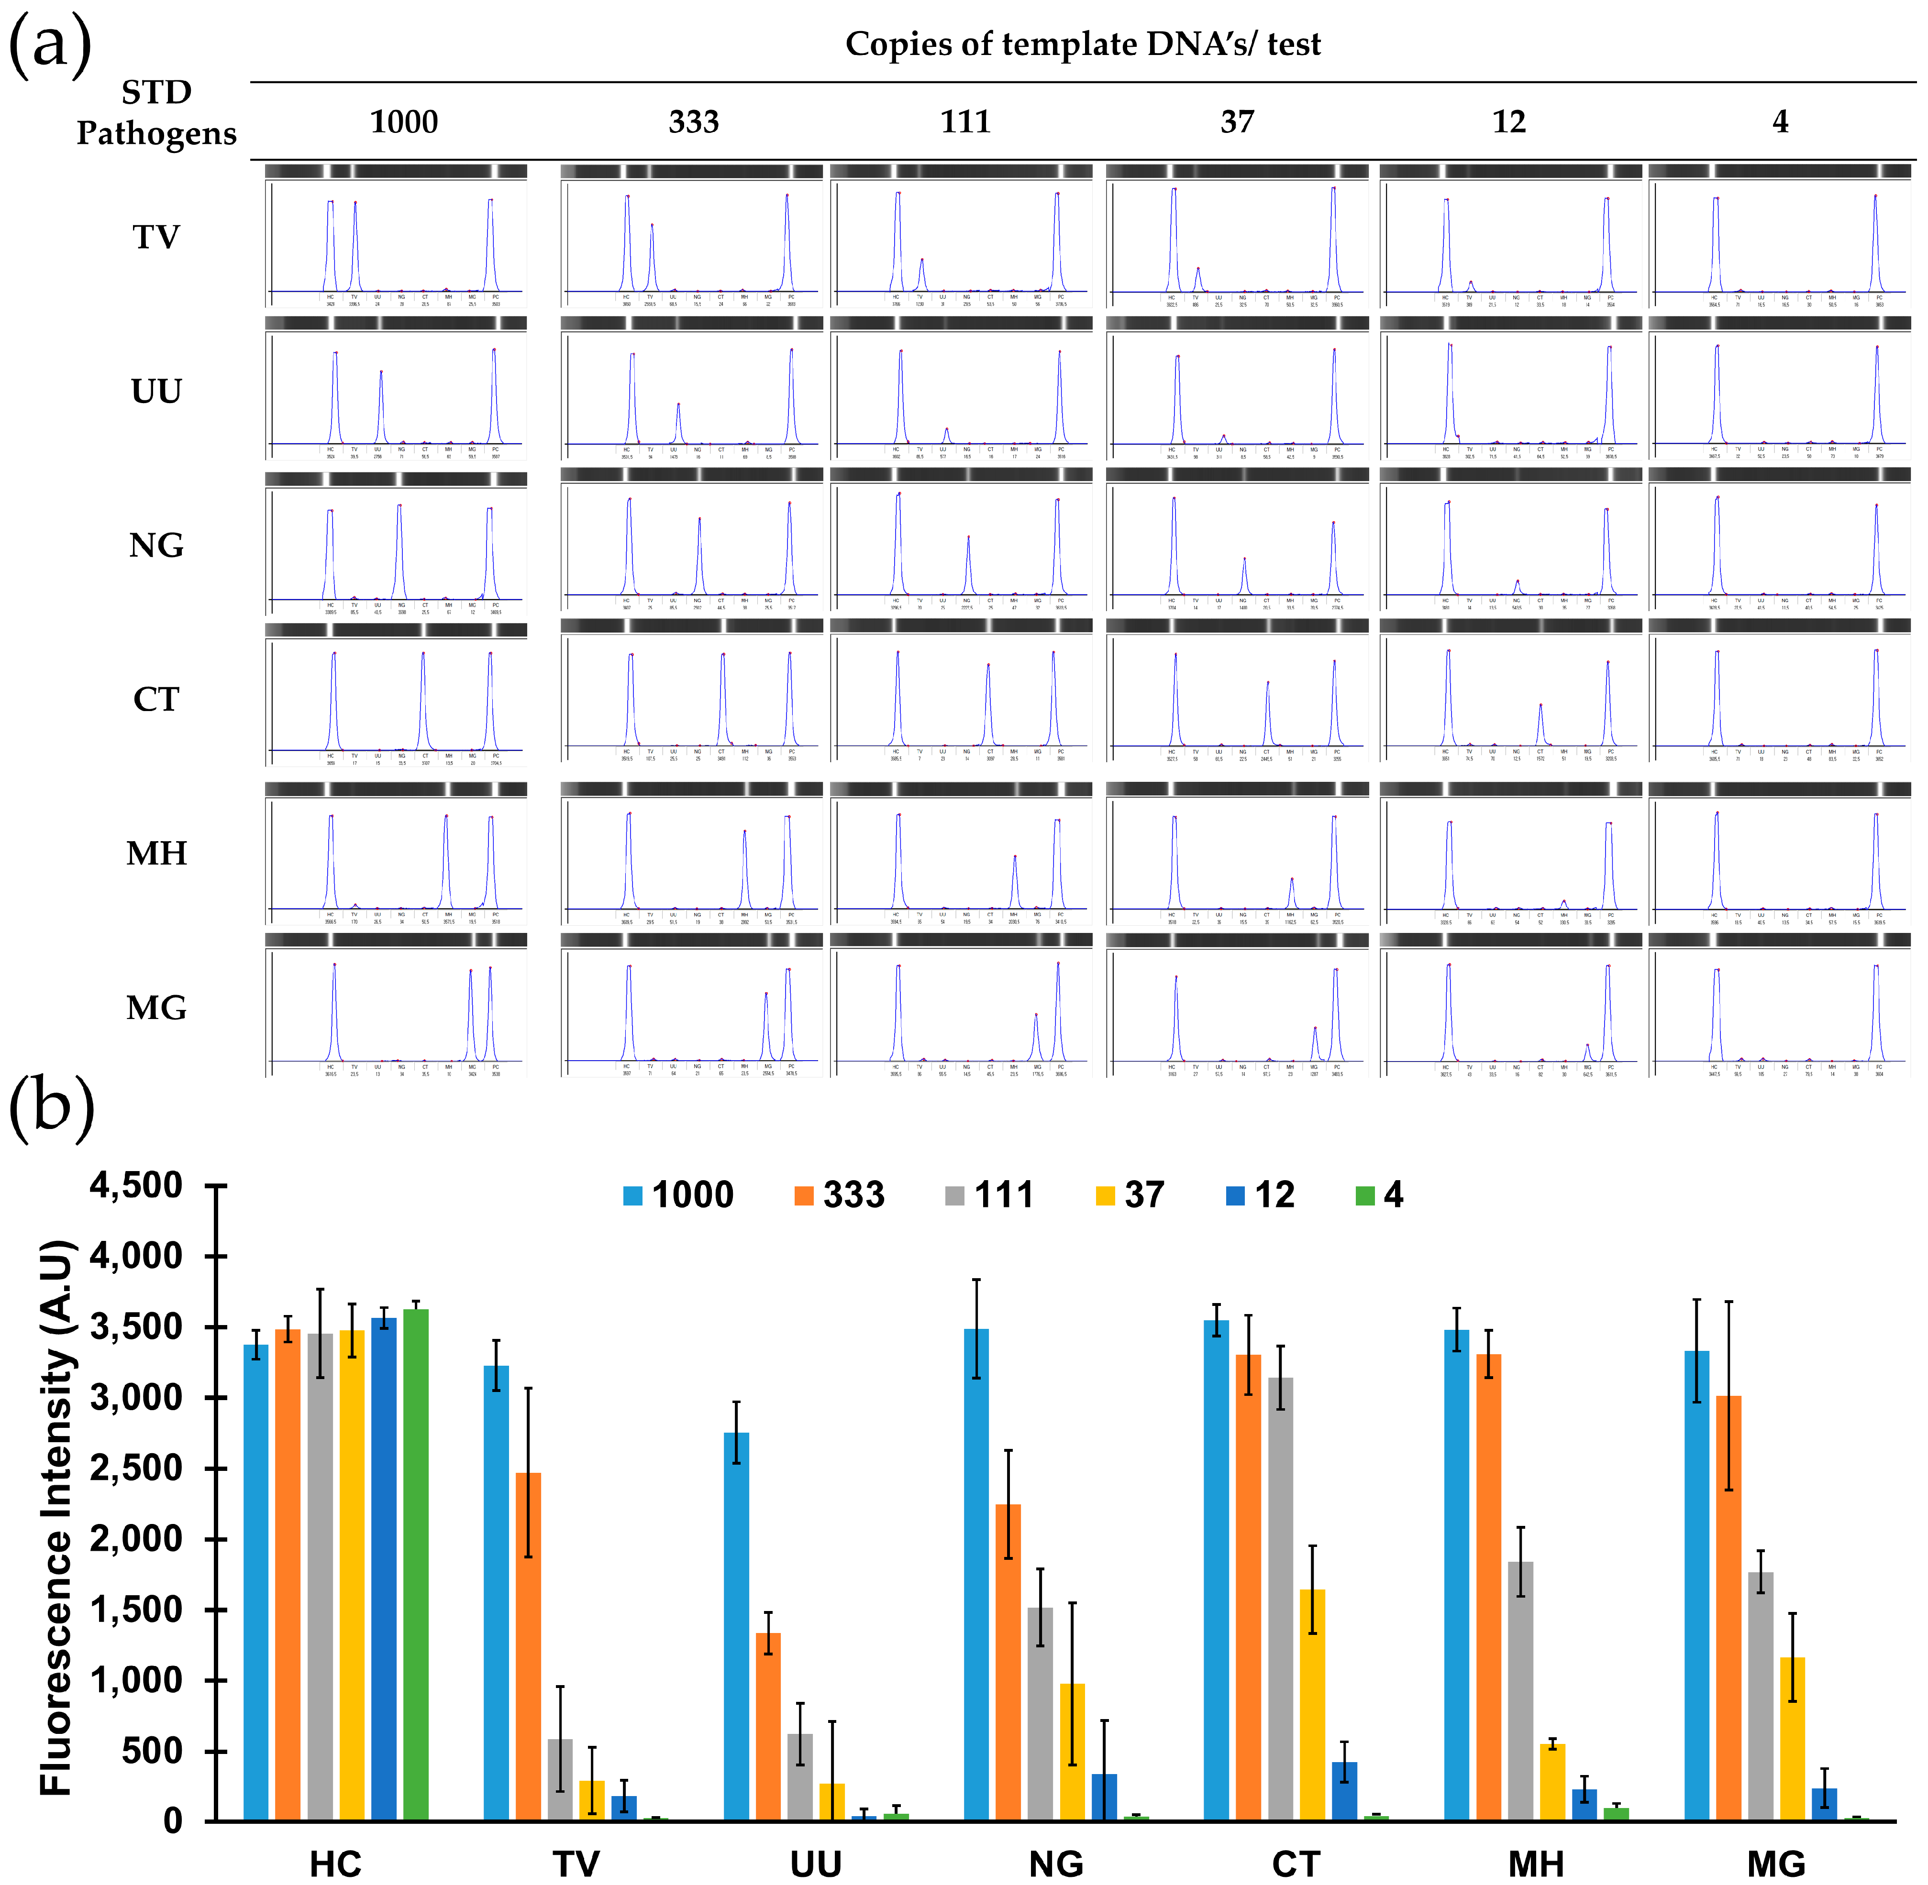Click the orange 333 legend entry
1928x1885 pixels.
coord(840,1195)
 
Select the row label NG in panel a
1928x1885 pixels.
coord(156,546)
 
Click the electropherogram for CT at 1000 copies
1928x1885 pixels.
coord(396,698)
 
